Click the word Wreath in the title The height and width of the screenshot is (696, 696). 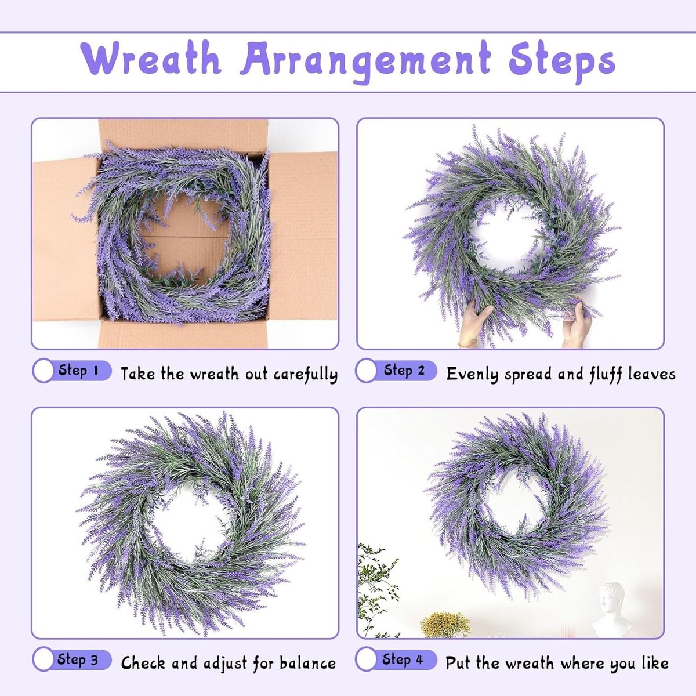tap(150, 59)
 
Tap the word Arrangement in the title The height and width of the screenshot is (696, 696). tap(365, 61)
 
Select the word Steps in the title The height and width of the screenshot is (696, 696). tap(561, 61)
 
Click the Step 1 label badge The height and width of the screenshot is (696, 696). tap(72, 371)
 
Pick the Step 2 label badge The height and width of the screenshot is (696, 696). tap(396, 371)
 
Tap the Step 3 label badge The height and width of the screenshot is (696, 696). tap(72, 659)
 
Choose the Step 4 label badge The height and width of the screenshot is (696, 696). tap(396, 659)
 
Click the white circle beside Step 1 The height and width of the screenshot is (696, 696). tap(43, 371)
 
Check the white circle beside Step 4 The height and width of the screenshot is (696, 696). tap(366, 659)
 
